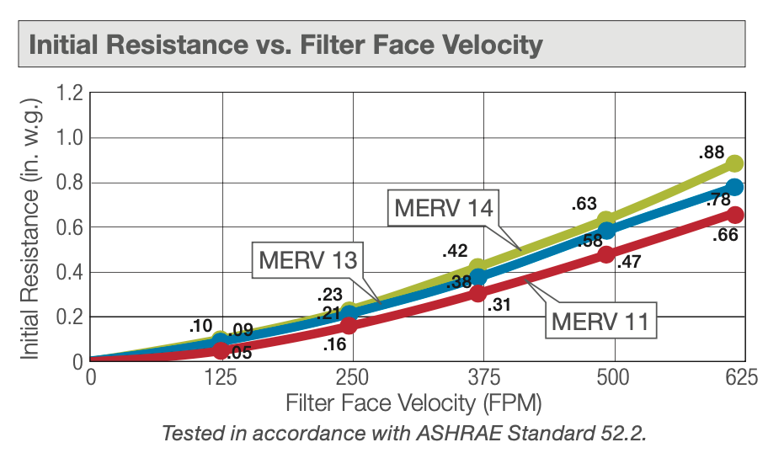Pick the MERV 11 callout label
603,320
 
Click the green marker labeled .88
734,163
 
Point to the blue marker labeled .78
734,187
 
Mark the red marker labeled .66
734,215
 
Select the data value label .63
583,203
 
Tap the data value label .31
499,306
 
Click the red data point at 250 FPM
349,325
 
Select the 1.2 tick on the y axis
70,93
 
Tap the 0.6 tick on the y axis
70,227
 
